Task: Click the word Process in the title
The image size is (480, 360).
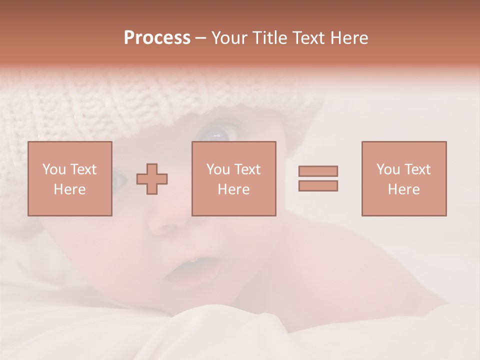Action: pos(157,38)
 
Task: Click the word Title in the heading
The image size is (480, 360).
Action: pos(267,38)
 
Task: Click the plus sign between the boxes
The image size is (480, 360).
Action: pos(152,178)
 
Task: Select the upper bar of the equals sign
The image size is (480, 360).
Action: pos(318,171)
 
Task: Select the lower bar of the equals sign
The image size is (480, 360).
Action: pos(318,185)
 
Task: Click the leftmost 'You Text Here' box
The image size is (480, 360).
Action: pos(69,178)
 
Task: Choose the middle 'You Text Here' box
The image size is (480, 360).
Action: pos(233,178)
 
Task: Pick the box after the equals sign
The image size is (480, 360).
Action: pos(403,178)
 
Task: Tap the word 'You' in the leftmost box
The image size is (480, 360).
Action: pos(54,169)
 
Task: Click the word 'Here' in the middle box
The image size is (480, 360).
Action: pos(233,189)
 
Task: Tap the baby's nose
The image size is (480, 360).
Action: pos(167,222)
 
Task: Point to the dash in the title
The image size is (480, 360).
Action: pos(200,38)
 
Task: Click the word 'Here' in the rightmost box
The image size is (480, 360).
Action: pos(403,189)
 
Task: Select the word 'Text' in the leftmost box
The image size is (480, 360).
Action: pos(82,169)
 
